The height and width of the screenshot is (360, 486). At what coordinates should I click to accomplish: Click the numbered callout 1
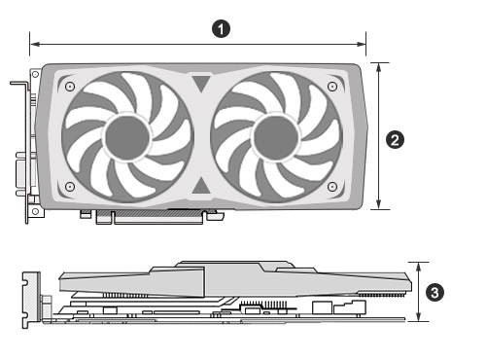(221, 29)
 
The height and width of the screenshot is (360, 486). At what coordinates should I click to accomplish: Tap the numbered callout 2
(395, 140)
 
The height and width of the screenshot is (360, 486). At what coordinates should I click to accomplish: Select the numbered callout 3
(434, 293)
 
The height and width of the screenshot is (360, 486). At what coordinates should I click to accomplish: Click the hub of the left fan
(127, 137)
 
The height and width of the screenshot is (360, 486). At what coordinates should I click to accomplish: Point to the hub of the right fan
(276, 137)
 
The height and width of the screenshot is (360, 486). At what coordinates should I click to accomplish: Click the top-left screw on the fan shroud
(70, 87)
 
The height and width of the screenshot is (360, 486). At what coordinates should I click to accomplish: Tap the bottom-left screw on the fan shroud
(70, 187)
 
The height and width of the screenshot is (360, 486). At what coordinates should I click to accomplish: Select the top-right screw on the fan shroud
(332, 87)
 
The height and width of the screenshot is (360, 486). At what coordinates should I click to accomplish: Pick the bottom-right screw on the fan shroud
(332, 187)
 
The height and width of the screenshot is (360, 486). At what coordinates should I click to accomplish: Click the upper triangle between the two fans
(201, 83)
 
